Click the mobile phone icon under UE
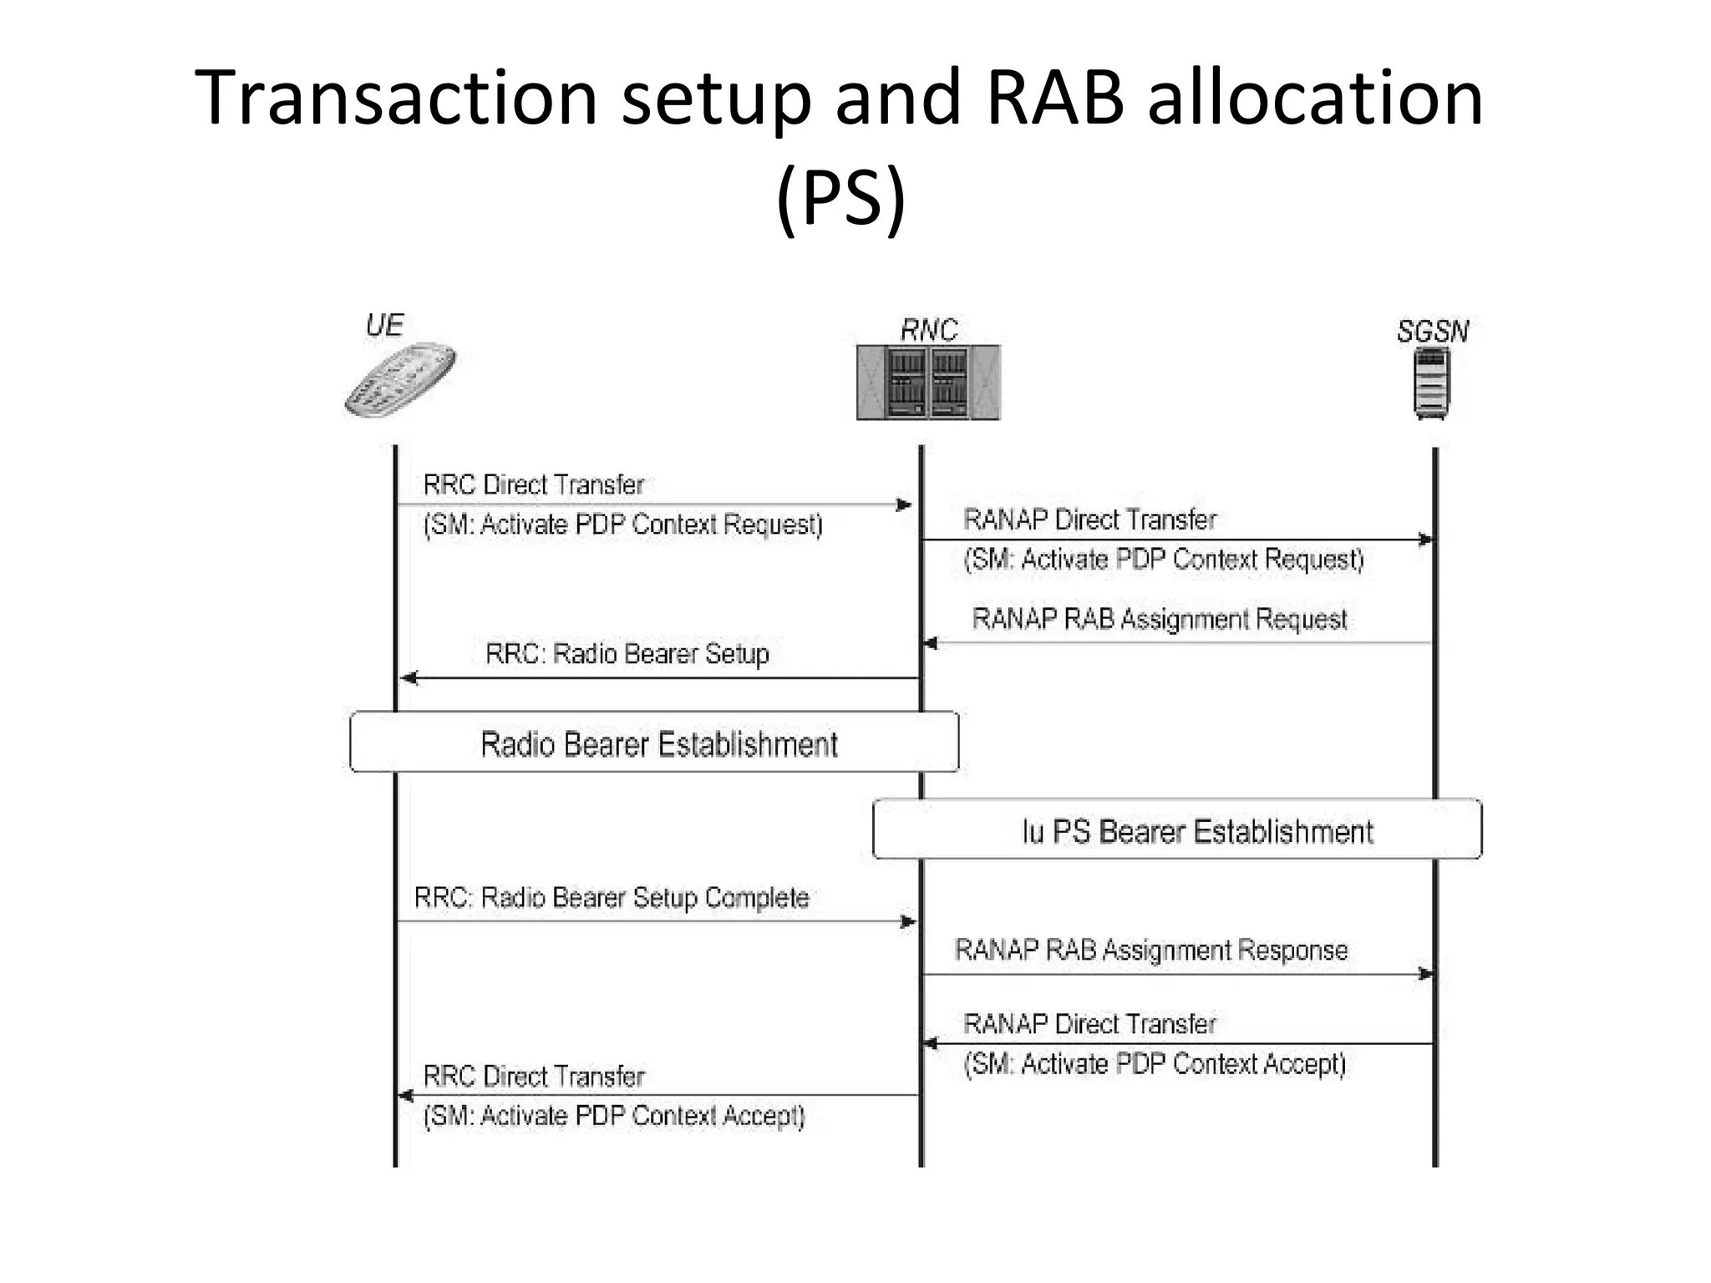[399, 380]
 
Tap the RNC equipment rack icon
[927, 383]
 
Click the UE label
[385, 325]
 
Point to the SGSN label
[1432, 332]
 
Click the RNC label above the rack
[928, 330]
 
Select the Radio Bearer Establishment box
[654, 743]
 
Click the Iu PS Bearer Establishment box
[1176, 830]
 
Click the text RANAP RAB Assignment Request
[1159, 619]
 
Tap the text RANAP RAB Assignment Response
[1150, 951]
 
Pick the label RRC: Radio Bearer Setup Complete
[611, 898]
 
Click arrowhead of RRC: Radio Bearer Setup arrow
[409, 678]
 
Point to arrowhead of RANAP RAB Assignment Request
[930, 643]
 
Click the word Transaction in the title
[395, 98]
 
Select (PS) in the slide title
[840, 197]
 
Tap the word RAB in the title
[1055, 98]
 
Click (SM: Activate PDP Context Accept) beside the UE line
[614, 1116]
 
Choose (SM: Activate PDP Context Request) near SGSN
[1163, 559]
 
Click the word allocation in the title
[1315, 98]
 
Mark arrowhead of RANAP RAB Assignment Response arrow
[1426, 974]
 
